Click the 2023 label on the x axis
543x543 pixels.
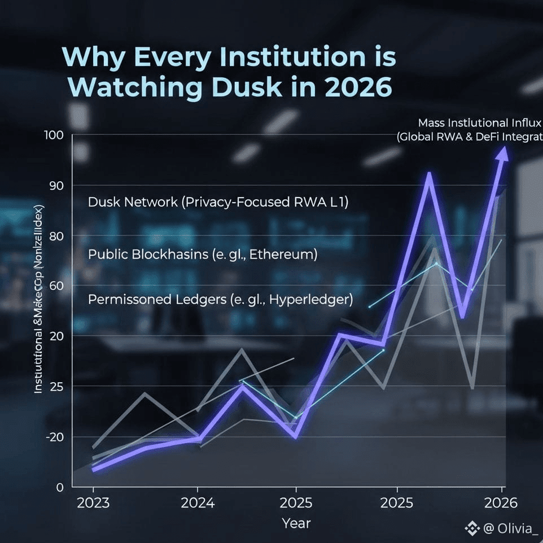[x=94, y=503]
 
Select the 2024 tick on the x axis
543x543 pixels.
[x=198, y=503]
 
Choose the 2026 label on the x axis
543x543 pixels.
[x=500, y=503]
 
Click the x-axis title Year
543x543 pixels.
[x=296, y=523]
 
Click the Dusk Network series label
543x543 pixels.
[x=218, y=202]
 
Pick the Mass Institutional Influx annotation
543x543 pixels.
[x=480, y=123]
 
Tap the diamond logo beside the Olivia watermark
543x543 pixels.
[x=471, y=528]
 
